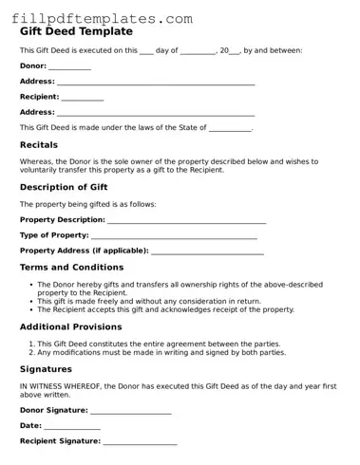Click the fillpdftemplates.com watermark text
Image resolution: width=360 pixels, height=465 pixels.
[105, 18]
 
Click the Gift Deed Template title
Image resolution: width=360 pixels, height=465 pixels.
[76, 31]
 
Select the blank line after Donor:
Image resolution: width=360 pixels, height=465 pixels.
[69, 67]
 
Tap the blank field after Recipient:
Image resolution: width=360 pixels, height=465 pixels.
[82, 98]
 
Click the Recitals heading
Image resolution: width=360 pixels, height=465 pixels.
[39, 145]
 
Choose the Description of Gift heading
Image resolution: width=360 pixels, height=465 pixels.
[70, 187]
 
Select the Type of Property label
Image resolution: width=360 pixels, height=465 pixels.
[54, 235]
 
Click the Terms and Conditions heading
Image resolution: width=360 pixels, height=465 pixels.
[72, 268]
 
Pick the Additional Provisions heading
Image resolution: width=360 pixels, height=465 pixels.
[71, 326]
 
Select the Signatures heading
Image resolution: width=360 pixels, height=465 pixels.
[46, 368]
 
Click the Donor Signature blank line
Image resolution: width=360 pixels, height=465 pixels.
[131, 412]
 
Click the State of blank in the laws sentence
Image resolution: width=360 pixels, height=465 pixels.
[230, 128]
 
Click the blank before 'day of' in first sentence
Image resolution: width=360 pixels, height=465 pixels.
[146, 51]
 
